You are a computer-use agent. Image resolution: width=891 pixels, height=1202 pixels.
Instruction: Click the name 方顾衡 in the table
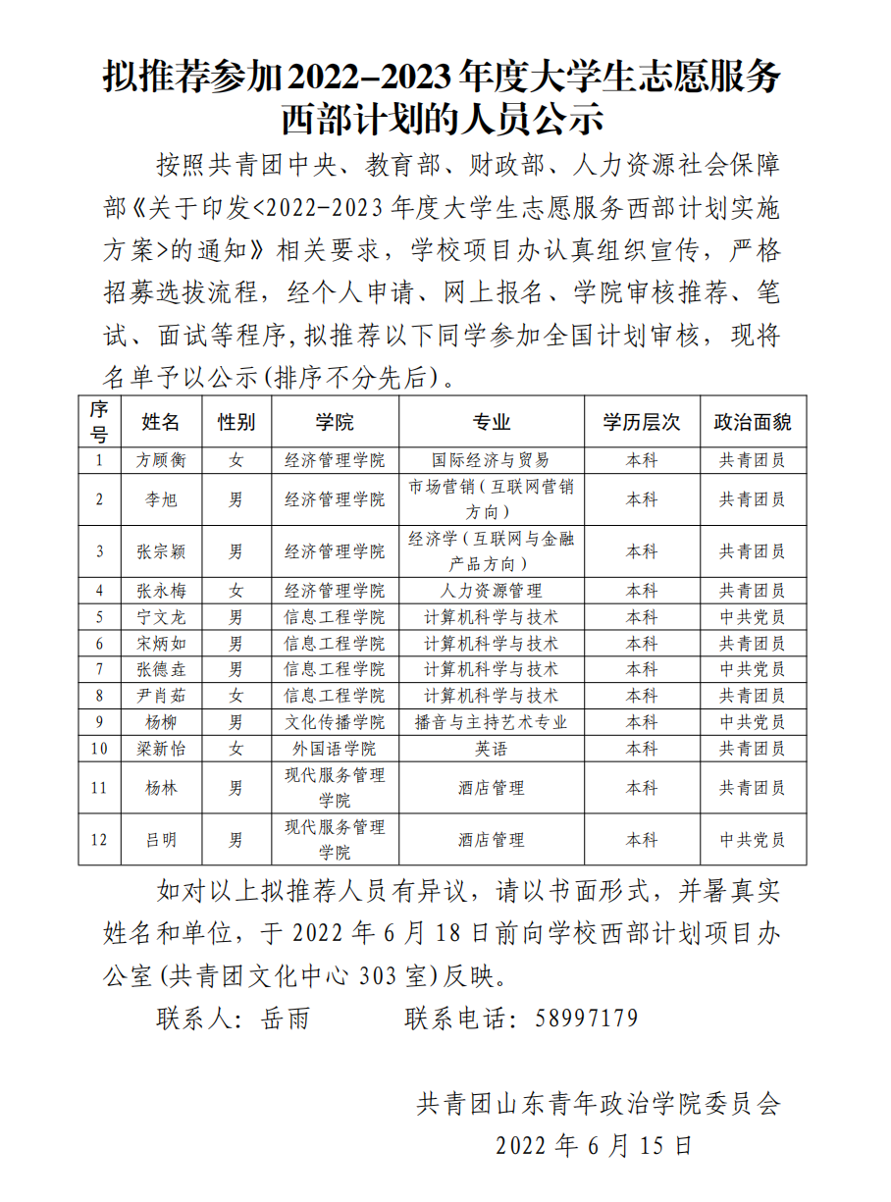point(161,460)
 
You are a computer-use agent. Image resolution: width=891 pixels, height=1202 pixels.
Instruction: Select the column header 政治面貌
point(752,422)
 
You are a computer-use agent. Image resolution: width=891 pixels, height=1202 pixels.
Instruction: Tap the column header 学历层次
point(642,422)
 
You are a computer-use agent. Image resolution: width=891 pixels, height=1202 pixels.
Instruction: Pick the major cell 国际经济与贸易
point(491,460)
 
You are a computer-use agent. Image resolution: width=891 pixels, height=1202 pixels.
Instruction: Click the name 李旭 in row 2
point(161,499)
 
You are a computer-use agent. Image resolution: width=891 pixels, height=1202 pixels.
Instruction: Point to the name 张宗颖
point(161,551)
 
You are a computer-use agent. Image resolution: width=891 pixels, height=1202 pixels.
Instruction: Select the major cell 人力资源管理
point(491,591)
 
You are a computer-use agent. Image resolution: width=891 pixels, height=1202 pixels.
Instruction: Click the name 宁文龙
point(161,617)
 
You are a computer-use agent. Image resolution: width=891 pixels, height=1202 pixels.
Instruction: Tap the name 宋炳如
point(161,644)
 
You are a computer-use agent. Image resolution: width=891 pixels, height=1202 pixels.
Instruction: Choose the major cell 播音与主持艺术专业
point(491,722)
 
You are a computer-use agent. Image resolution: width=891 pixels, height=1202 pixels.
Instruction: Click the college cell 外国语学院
point(335,749)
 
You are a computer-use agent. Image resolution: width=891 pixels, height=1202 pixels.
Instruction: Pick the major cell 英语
point(491,749)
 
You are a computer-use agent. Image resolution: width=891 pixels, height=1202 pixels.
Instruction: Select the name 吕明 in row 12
point(161,840)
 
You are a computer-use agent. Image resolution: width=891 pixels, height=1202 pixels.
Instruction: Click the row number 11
point(99,788)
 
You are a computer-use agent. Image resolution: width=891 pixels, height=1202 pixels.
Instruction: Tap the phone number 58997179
point(587,1018)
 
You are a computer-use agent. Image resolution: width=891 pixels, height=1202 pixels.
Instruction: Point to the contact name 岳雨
point(286,1019)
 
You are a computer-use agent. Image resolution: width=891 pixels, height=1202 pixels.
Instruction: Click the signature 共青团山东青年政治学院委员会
point(599,1104)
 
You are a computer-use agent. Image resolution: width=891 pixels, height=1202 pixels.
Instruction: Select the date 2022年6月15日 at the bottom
point(595,1145)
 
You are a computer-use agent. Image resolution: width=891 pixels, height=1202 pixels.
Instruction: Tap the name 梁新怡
point(161,749)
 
